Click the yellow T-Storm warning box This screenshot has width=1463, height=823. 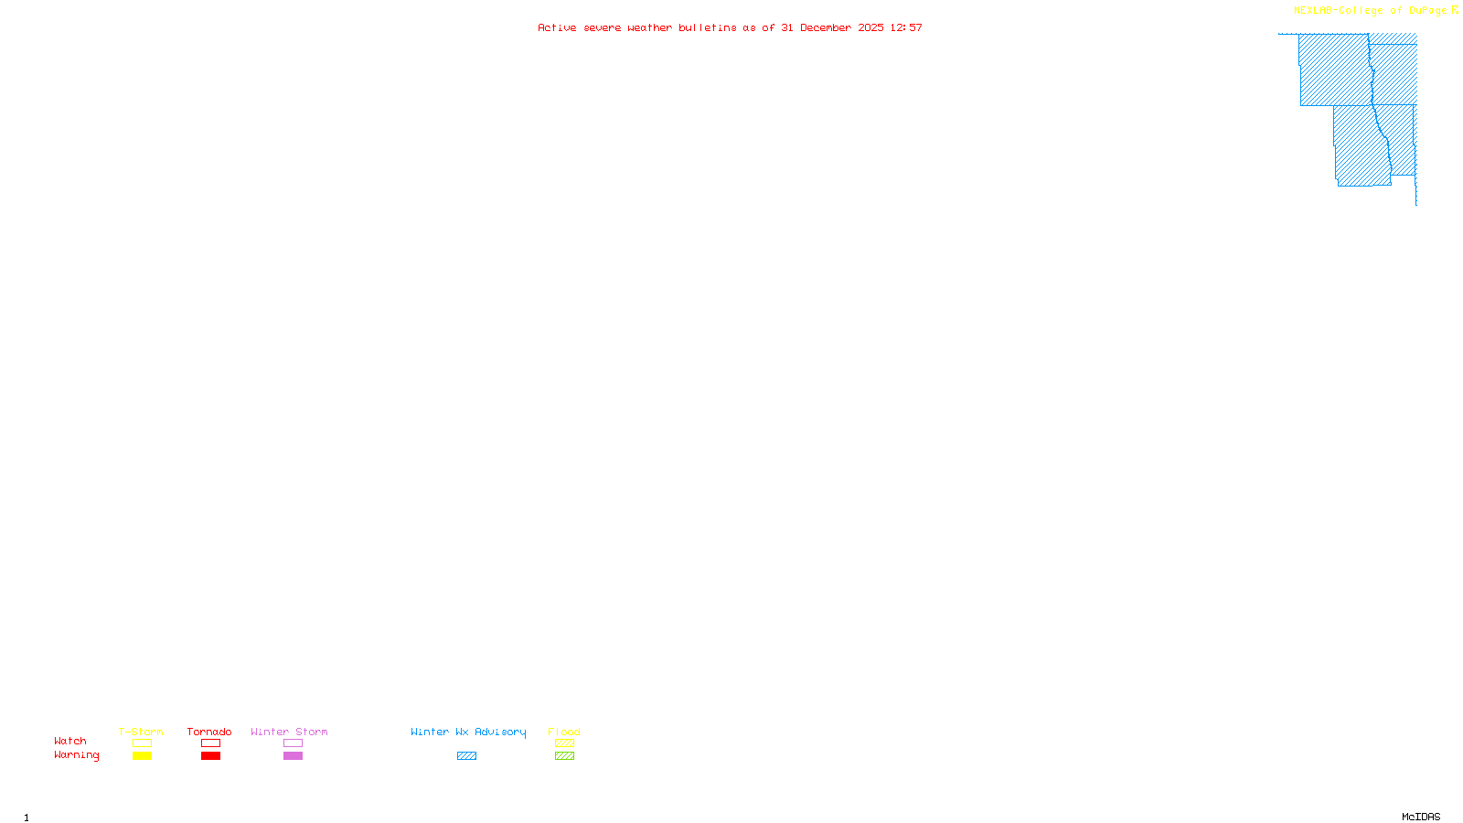coord(142,756)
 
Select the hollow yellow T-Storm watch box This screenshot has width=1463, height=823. coord(142,743)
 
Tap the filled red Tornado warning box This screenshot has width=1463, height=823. coord(211,756)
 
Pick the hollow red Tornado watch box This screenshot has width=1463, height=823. coord(211,743)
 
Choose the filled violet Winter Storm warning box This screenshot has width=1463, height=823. coord(293,756)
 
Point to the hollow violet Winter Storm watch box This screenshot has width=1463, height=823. coord(293,743)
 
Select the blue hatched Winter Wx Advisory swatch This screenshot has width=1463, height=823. coord(466,756)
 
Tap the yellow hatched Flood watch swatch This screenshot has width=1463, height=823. coord(564,743)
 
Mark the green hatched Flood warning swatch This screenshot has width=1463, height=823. coord(564,756)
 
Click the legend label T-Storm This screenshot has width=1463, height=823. coord(141,732)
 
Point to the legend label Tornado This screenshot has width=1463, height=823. coord(209,732)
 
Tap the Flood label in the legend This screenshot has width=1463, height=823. coord(564,732)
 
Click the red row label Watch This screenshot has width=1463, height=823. coord(70,742)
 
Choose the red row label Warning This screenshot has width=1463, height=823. coord(77,755)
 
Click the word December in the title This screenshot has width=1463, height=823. coord(826,27)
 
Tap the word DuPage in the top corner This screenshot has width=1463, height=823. coord(1428,11)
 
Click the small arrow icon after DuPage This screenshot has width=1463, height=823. coord(1456,10)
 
